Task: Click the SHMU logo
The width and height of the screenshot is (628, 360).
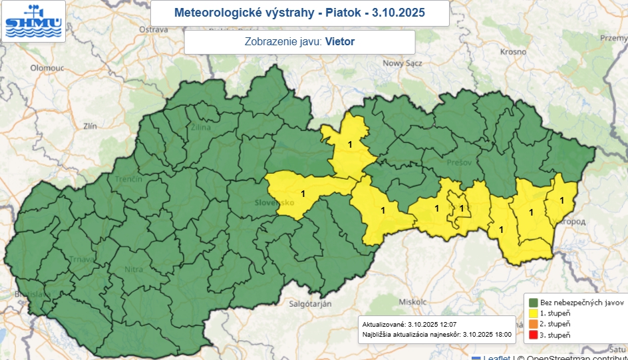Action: coord(33,21)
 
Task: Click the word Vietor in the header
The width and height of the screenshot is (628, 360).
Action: coord(339,41)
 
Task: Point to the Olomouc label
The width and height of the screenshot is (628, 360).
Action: coord(46,68)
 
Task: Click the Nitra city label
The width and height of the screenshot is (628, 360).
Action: coord(134,270)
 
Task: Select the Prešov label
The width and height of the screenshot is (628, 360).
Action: coord(462,162)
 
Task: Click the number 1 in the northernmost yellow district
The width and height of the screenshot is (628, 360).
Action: coord(350,144)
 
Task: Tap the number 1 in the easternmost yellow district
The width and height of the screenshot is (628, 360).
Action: coord(561,200)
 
